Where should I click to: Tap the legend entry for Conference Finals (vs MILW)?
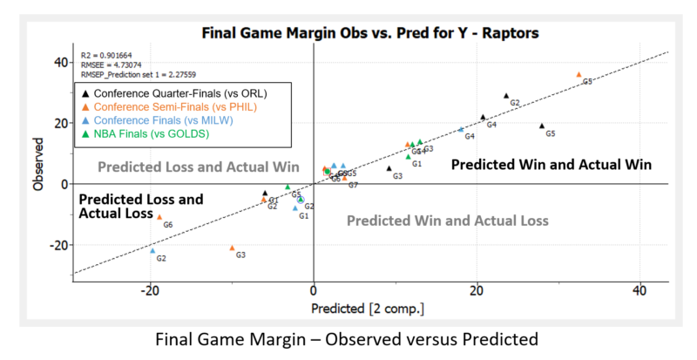(x=173, y=119)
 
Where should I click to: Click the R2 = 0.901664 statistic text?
(x=109, y=54)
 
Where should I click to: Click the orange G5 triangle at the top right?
(x=579, y=75)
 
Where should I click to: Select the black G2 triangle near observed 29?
(x=506, y=96)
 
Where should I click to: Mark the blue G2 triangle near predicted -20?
(x=152, y=250)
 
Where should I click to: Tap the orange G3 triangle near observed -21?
(x=232, y=248)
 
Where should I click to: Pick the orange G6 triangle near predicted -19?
(x=159, y=217)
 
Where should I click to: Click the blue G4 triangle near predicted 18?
(x=461, y=129)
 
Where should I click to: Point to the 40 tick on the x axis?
(x=639, y=289)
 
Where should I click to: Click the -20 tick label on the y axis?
(x=57, y=245)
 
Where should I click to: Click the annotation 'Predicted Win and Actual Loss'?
(x=448, y=221)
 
